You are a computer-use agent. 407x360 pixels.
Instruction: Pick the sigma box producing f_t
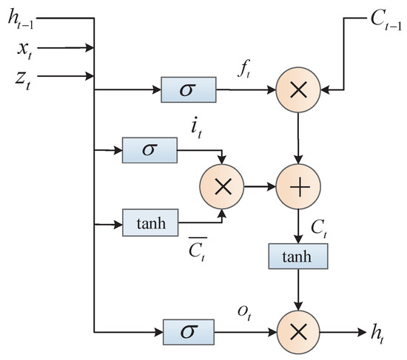click(188, 92)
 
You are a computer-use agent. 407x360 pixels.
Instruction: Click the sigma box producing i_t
click(150, 150)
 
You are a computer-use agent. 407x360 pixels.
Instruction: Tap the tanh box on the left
click(150, 223)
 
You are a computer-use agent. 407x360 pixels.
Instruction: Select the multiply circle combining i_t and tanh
click(223, 188)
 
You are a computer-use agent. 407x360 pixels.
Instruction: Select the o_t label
click(243, 311)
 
